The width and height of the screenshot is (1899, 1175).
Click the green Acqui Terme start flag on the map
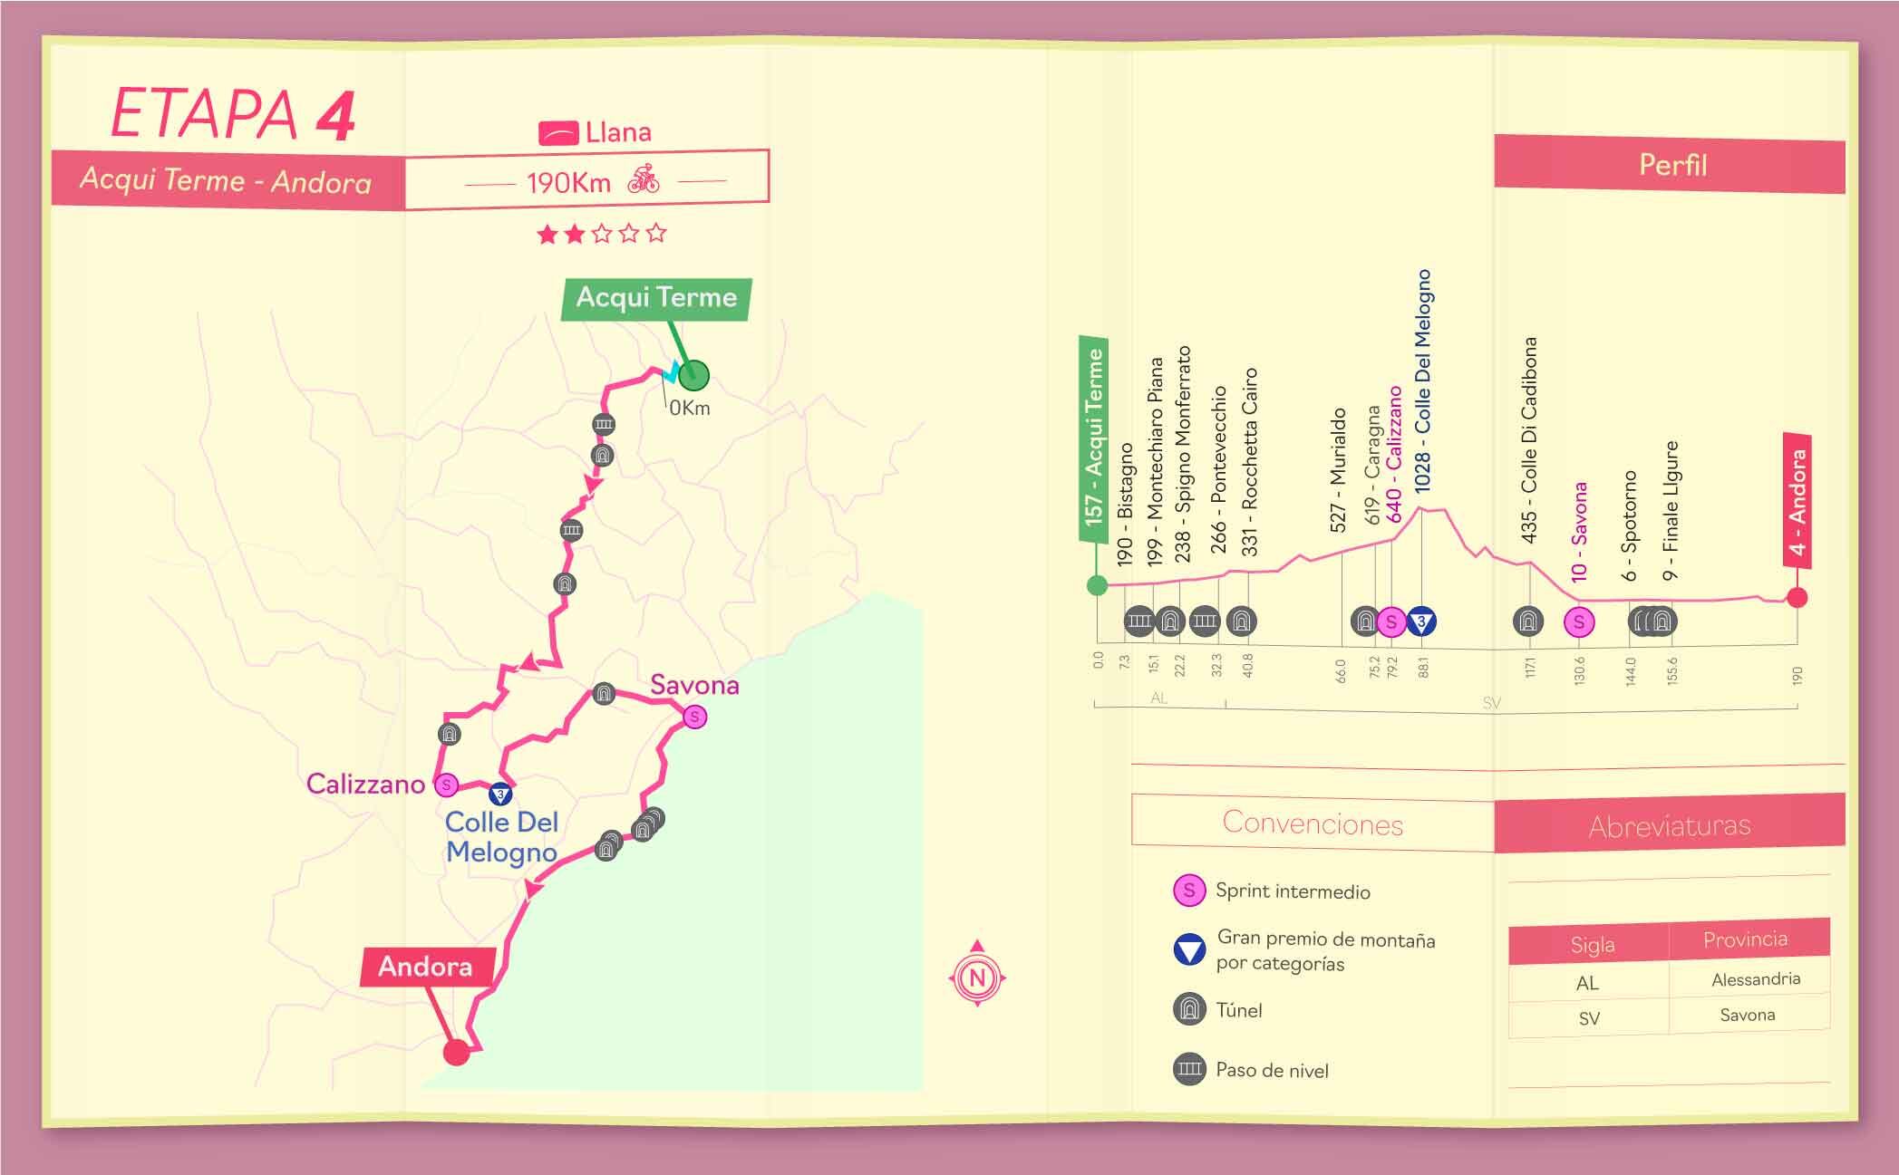656,298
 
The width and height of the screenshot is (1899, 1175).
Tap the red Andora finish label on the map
426,967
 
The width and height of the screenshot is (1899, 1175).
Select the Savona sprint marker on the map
694,717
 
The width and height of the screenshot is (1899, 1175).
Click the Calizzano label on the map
365,784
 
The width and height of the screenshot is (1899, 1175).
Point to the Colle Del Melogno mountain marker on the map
499,795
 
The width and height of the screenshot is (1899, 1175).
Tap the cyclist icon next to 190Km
644,178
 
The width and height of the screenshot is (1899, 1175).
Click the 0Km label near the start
690,409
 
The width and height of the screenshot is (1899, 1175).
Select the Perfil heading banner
1671,165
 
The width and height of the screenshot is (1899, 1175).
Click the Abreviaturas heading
1669,825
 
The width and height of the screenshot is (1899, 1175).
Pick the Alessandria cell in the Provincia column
1755,979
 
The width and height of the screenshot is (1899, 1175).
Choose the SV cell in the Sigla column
1589,1018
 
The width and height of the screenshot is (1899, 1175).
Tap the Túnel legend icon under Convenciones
1189,1009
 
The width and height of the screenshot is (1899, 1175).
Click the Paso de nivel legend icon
1189,1069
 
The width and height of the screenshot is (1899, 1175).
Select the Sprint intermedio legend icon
1189,891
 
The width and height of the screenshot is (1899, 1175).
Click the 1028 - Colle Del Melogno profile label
1422,380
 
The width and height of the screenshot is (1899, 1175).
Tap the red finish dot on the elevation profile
1797,597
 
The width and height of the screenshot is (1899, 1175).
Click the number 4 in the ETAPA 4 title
334,116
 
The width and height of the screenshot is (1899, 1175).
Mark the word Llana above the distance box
618,133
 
